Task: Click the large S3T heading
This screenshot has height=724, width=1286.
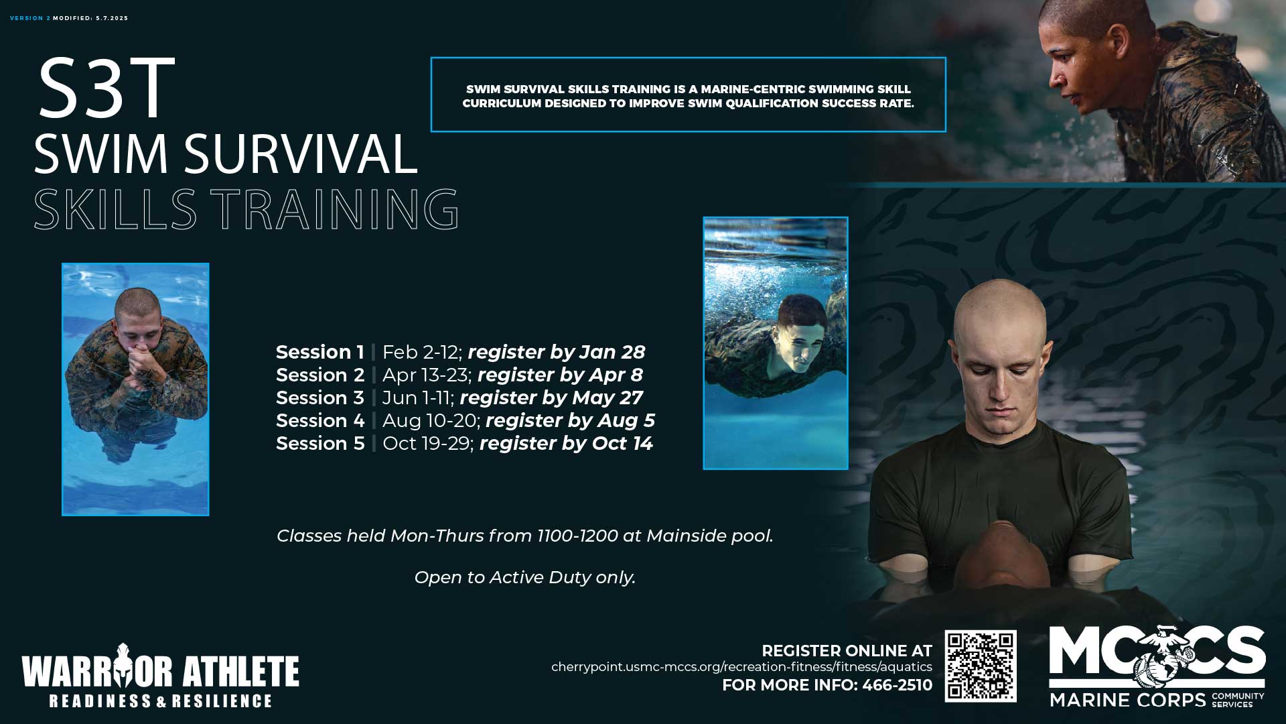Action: (x=106, y=88)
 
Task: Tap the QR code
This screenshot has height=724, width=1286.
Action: (x=981, y=666)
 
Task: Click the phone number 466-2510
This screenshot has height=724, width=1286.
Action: (x=897, y=685)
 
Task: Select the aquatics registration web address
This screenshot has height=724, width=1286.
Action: (x=741, y=667)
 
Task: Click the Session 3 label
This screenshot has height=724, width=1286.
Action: (x=320, y=398)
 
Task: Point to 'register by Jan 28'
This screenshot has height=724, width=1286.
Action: (x=557, y=352)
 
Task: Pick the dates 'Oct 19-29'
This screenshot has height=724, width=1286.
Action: (x=427, y=443)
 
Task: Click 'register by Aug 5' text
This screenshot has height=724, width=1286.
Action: (x=570, y=420)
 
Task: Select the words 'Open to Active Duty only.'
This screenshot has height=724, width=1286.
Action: (x=525, y=577)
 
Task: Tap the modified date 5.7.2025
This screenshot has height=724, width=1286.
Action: (x=112, y=18)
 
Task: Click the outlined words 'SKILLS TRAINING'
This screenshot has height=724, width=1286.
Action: (x=246, y=209)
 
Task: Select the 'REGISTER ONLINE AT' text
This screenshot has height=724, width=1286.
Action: (x=847, y=651)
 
